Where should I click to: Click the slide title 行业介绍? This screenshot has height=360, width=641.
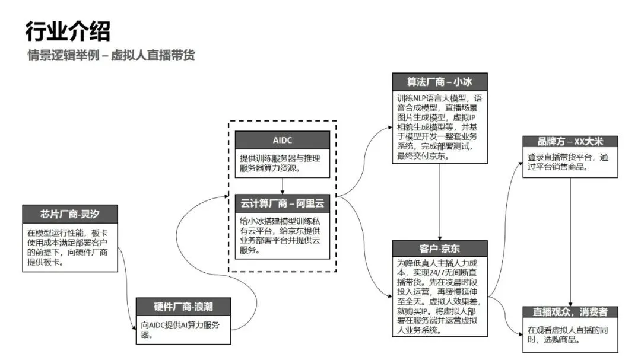click(x=68, y=31)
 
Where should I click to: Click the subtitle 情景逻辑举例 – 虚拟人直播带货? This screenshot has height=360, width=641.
click(x=111, y=56)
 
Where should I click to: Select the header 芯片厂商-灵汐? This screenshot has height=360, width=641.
click(x=71, y=214)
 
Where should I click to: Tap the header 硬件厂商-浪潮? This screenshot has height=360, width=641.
click(x=183, y=307)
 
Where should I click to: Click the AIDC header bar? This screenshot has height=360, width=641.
click(x=282, y=139)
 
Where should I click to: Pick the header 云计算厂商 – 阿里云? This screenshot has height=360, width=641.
click(x=282, y=203)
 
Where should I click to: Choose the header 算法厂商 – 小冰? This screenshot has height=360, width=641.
click(x=440, y=81)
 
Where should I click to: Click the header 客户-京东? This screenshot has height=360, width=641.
click(x=440, y=249)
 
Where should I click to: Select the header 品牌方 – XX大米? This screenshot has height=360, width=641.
click(x=570, y=141)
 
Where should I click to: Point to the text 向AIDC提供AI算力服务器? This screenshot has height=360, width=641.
click(x=183, y=329)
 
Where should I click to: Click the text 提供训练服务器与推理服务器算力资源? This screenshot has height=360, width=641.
click(x=282, y=163)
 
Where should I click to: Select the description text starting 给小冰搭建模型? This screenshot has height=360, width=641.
click(x=282, y=235)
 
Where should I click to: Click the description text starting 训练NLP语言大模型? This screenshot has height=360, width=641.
click(x=440, y=126)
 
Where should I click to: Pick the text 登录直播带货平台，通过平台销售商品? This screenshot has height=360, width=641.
click(x=570, y=162)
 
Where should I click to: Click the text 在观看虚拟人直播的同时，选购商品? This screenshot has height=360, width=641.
click(x=570, y=335)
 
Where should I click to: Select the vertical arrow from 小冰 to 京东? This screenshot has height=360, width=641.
click(x=440, y=202)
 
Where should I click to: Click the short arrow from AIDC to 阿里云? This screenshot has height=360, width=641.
click(x=282, y=186)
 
